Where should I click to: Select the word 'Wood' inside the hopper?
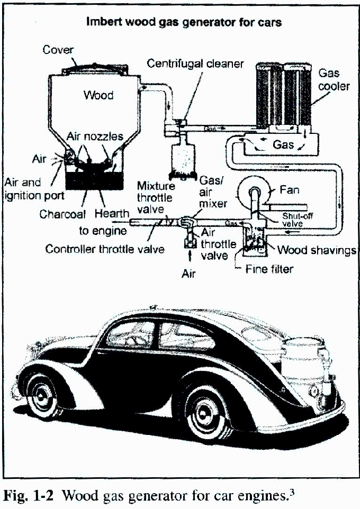[98, 95]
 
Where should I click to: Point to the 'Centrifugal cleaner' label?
[195, 64]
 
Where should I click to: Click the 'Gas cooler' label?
[334, 79]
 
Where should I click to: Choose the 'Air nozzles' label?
[95, 137]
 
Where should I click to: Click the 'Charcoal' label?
[62, 215]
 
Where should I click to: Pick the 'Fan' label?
[289, 189]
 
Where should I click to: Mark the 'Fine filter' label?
[269, 269]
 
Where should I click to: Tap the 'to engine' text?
[103, 231]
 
